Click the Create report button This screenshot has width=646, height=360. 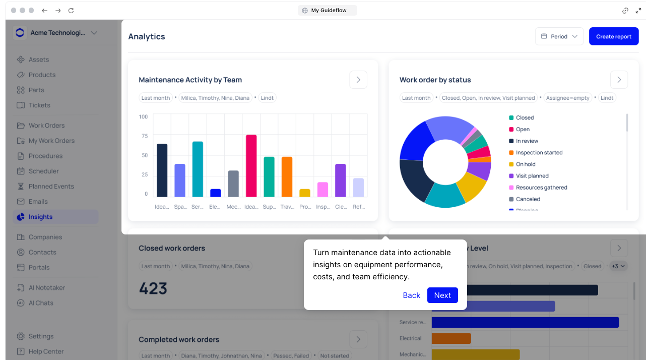click(613, 36)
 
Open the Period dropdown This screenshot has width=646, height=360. click(559, 36)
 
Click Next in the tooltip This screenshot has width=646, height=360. click(442, 295)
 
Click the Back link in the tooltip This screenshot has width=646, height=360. click(411, 295)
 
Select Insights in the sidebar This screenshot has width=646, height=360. click(40, 217)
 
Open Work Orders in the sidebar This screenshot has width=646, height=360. click(46, 126)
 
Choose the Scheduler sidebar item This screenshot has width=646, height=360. click(43, 171)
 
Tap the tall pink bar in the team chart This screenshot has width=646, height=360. click(251, 166)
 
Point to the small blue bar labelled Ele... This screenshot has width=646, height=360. click(215, 193)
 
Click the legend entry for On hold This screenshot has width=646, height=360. click(525, 164)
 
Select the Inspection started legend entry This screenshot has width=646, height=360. click(539, 153)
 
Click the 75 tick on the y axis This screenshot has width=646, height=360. click(144, 136)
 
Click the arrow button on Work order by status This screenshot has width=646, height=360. click(619, 80)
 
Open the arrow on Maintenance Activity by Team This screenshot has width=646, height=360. click(358, 80)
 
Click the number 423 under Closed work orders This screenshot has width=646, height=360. click(153, 288)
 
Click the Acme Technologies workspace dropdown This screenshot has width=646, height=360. click(55, 33)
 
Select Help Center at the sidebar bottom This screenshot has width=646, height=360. click(46, 351)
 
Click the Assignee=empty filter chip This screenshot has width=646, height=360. click(567, 98)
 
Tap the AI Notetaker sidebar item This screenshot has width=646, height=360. click(46, 288)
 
